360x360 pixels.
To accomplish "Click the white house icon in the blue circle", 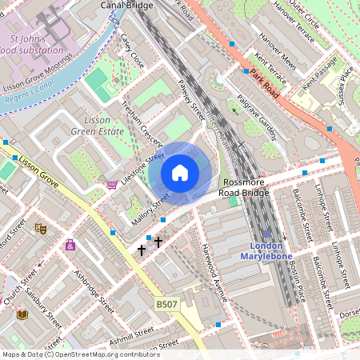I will (180, 172).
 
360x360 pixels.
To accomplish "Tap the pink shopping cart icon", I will (111, 185).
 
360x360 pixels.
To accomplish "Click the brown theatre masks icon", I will (41, 228).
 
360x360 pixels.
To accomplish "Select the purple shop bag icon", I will (71, 245).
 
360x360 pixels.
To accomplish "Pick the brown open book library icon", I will (22, 314).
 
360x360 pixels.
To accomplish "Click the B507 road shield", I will (166, 305).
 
